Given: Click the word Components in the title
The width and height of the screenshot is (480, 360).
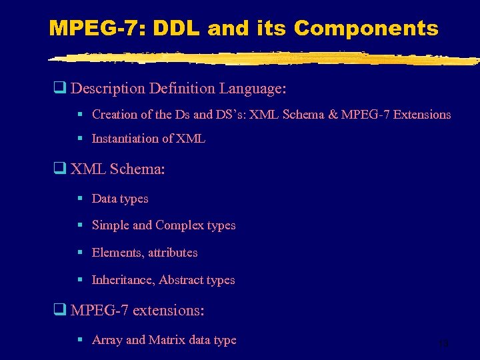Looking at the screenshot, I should point(366,29).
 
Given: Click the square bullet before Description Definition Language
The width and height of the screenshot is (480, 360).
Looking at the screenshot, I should point(59,88).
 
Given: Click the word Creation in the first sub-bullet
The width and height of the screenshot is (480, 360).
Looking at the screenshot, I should point(113,115).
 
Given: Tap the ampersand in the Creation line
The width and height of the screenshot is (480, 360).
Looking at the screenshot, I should point(332,115).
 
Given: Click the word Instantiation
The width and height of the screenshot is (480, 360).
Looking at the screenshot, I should point(125,139).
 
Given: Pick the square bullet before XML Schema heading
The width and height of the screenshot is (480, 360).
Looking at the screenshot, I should point(59,169).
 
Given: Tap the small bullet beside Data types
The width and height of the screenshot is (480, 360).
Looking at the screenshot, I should point(79,199).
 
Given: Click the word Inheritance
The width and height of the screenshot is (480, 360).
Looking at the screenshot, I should point(123,280).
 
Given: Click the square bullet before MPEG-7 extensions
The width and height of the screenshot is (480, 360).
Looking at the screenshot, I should point(59,311).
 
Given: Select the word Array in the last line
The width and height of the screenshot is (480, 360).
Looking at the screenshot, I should point(107,340).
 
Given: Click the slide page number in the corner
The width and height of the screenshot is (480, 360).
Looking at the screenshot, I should point(443,344).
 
